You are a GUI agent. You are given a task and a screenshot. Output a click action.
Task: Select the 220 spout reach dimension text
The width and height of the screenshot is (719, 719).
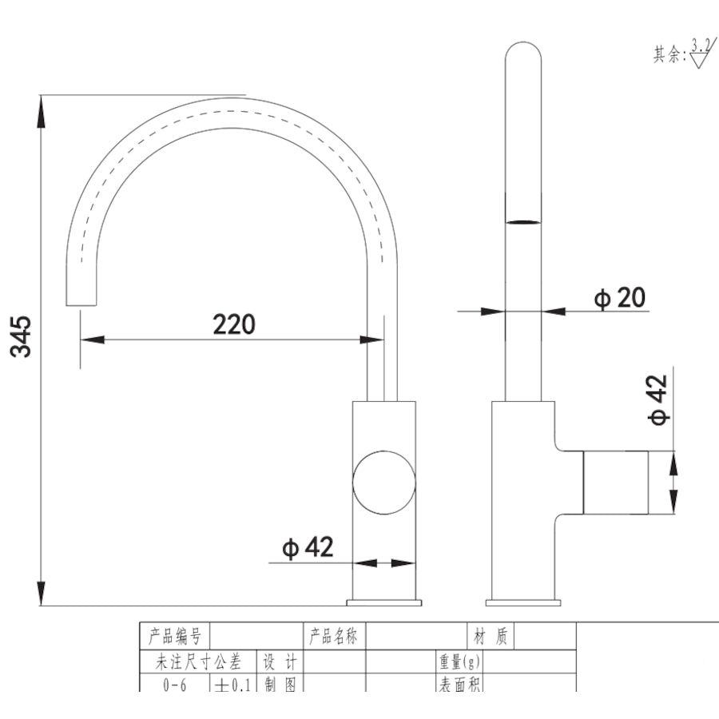tap(233, 324)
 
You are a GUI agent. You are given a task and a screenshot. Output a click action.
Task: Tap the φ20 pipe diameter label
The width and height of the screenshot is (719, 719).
tap(619, 298)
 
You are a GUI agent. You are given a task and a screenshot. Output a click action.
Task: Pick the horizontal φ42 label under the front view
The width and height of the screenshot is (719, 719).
tap(307, 548)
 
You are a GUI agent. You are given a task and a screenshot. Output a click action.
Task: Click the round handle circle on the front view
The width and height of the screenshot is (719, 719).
tap(384, 482)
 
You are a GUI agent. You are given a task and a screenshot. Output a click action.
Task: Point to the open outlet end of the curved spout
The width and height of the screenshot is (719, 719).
tap(81, 304)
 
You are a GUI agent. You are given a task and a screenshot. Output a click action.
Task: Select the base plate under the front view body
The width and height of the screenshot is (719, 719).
tap(383, 602)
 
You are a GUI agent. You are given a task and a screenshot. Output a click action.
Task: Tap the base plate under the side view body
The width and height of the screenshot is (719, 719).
tap(523, 602)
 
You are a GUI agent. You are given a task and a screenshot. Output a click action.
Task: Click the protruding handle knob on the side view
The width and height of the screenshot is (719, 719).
tap(615, 482)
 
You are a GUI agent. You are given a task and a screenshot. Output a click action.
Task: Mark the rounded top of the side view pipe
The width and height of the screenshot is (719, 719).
tap(523, 52)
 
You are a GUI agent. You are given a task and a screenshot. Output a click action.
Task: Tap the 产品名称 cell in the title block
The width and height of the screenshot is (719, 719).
tap(334, 637)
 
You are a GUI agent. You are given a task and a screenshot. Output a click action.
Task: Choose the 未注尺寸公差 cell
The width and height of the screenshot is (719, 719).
tap(197, 661)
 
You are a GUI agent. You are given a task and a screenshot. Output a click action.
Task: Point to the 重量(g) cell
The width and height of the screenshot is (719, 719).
tap(459, 661)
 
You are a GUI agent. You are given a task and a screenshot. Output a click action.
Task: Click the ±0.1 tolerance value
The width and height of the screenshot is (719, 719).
tap(232, 685)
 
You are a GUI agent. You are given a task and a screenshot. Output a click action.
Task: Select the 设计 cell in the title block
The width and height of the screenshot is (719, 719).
tap(280, 661)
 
